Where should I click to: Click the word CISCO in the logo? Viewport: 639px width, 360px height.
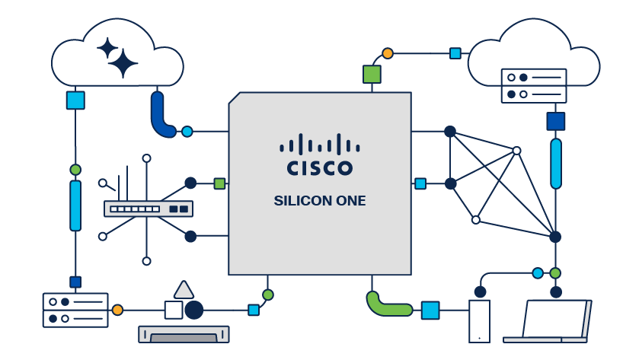(320, 167)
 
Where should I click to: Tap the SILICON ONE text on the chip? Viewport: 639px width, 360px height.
(320, 202)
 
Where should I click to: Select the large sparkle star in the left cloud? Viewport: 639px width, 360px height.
(123, 63)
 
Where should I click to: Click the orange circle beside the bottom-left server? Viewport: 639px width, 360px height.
(117, 310)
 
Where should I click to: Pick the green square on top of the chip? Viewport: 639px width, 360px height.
(372, 74)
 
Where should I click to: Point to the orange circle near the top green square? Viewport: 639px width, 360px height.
(388, 53)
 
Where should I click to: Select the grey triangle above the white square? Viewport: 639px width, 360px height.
(183, 289)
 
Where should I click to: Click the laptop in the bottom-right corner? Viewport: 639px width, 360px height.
(556, 320)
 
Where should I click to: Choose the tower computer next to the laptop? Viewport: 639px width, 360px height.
(479, 320)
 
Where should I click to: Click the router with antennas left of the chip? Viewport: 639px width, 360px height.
(149, 208)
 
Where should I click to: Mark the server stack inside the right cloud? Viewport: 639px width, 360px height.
(534, 85)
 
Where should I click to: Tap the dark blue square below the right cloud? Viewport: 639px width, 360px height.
(555, 121)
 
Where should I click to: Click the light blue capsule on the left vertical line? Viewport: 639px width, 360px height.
(75, 205)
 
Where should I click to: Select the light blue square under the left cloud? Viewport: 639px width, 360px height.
(75, 100)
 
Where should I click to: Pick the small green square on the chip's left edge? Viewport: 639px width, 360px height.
(219, 183)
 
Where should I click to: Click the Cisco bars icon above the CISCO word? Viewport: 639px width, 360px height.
(320, 145)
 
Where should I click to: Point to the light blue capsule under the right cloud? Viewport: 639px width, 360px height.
(556, 163)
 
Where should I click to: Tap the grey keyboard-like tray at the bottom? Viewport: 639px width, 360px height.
(184, 333)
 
